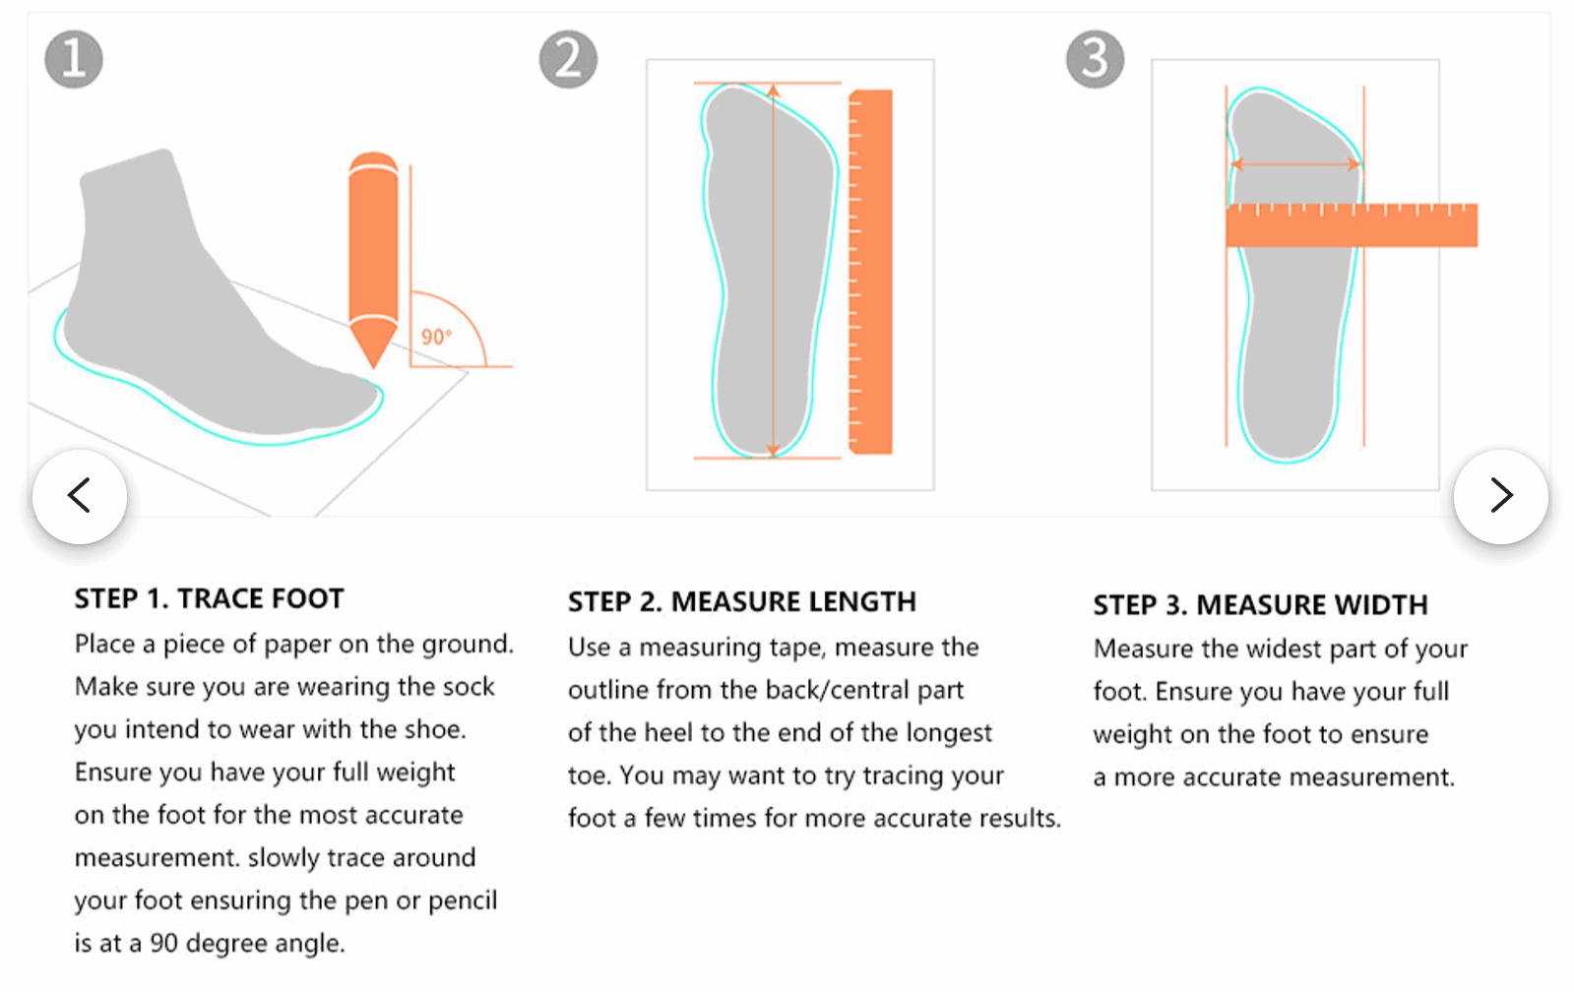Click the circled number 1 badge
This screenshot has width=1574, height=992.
(x=74, y=59)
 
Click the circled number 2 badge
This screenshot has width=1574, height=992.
(x=568, y=59)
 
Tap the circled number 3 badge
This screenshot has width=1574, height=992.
(x=1095, y=59)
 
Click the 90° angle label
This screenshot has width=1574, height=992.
(x=436, y=337)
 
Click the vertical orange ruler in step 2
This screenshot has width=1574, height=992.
(x=870, y=272)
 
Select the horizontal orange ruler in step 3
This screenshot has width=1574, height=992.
(x=1351, y=225)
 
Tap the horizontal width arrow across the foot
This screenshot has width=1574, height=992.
(x=1295, y=164)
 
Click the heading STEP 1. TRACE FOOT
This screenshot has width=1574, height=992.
(x=209, y=598)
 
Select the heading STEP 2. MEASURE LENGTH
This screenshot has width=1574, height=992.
(x=741, y=601)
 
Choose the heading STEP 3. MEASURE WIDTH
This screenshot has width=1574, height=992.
(x=1260, y=604)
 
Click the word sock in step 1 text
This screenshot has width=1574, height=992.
(x=469, y=686)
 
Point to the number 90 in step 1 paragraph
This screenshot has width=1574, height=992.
(x=163, y=943)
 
